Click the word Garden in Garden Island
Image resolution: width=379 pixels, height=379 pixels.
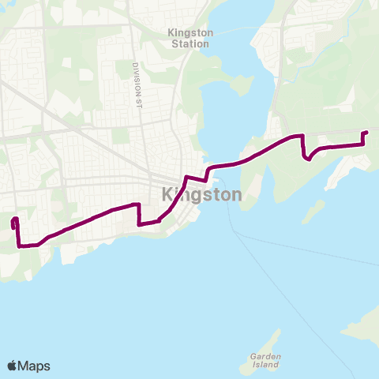pyautogui.click(x=259, y=356)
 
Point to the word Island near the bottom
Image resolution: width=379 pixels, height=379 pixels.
pyautogui.click(x=259, y=367)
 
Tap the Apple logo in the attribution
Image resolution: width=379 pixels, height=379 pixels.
pyautogui.click(x=13, y=366)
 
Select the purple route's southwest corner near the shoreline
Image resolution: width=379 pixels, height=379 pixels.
pyautogui.click(x=19, y=245)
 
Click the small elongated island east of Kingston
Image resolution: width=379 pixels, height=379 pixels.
pyautogui.click(x=313, y=211)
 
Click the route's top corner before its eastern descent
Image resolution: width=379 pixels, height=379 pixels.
pyautogui.click(x=302, y=137)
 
